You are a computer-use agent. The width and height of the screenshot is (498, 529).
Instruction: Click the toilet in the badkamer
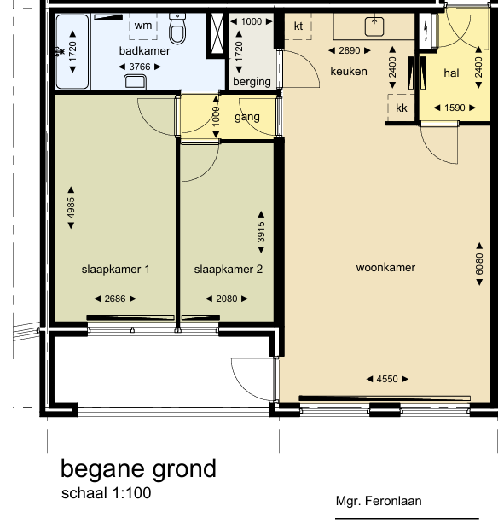[x=177, y=29]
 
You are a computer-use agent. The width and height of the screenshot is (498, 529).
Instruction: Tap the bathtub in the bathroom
[x=72, y=51]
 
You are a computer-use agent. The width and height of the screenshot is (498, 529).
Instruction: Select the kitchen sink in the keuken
[x=374, y=26]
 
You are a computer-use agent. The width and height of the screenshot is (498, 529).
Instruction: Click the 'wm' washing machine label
[x=143, y=26]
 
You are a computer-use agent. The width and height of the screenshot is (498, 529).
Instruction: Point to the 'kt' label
[x=298, y=26]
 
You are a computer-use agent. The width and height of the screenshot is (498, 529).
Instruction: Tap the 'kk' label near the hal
[x=402, y=108]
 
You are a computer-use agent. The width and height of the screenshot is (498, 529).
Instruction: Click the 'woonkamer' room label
[x=385, y=268]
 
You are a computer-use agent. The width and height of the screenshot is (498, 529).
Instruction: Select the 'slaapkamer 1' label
[x=115, y=270]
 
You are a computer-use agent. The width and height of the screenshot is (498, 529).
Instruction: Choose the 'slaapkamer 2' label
[x=229, y=270]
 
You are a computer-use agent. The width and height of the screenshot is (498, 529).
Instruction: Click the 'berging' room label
[x=252, y=82]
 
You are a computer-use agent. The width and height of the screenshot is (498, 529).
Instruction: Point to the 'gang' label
[x=247, y=117]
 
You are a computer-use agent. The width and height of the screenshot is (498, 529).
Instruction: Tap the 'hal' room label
[x=451, y=73]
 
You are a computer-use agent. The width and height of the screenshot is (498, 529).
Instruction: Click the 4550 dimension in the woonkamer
[x=387, y=379]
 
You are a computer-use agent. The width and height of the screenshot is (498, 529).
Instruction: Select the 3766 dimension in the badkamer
[x=140, y=67]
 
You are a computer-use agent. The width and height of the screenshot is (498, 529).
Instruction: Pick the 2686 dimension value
[x=115, y=299]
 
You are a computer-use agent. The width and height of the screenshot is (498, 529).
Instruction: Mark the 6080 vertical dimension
[x=479, y=264]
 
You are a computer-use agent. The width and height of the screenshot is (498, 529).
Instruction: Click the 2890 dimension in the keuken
[x=350, y=50]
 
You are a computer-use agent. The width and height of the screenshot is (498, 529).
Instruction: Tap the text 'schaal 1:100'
[x=107, y=493]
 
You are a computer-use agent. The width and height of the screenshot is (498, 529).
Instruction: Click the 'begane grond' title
[x=138, y=469]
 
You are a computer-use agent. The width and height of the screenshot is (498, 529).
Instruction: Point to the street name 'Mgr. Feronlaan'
[x=379, y=501]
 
